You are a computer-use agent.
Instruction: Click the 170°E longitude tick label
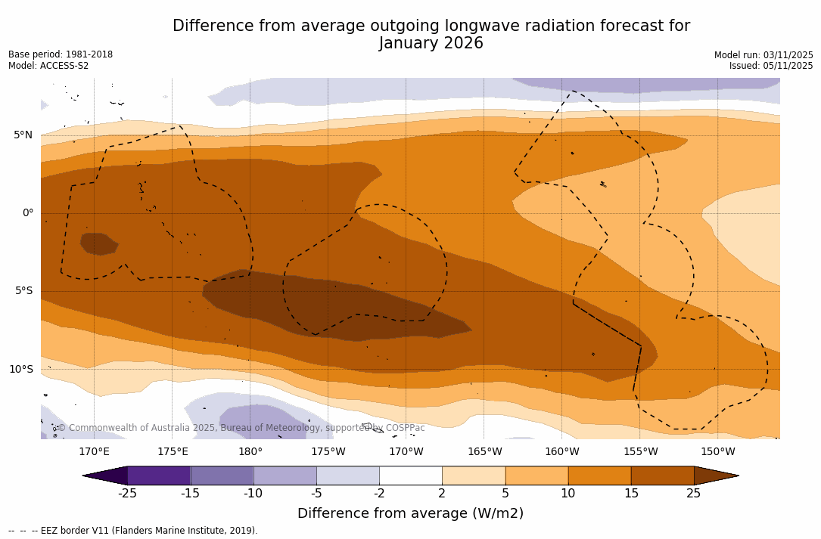(x=94, y=452)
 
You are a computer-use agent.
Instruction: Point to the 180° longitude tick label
(x=250, y=452)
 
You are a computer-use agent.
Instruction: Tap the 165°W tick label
(x=484, y=452)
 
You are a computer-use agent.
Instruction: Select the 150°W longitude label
(x=717, y=452)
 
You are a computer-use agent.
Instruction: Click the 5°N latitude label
(x=23, y=135)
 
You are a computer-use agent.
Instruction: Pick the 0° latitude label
(x=27, y=213)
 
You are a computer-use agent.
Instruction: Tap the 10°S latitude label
(x=20, y=370)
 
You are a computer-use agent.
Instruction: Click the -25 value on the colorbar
(x=127, y=494)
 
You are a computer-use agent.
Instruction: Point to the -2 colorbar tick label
(x=379, y=494)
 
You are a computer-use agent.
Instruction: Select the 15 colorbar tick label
(x=630, y=494)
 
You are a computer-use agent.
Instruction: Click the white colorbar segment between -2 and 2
(x=410, y=475)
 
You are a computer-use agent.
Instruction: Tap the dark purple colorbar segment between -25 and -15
(x=159, y=475)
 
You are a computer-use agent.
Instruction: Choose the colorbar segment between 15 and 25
(x=662, y=475)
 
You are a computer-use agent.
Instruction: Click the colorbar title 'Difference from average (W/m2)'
(x=410, y=513)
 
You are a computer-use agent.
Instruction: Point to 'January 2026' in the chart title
(x=431, y=44)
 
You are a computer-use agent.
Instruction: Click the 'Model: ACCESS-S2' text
(x=48, y=66)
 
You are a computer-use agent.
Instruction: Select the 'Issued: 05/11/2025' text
(x=771, y=66)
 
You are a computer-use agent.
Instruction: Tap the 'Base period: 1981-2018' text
(x=61, y=54)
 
